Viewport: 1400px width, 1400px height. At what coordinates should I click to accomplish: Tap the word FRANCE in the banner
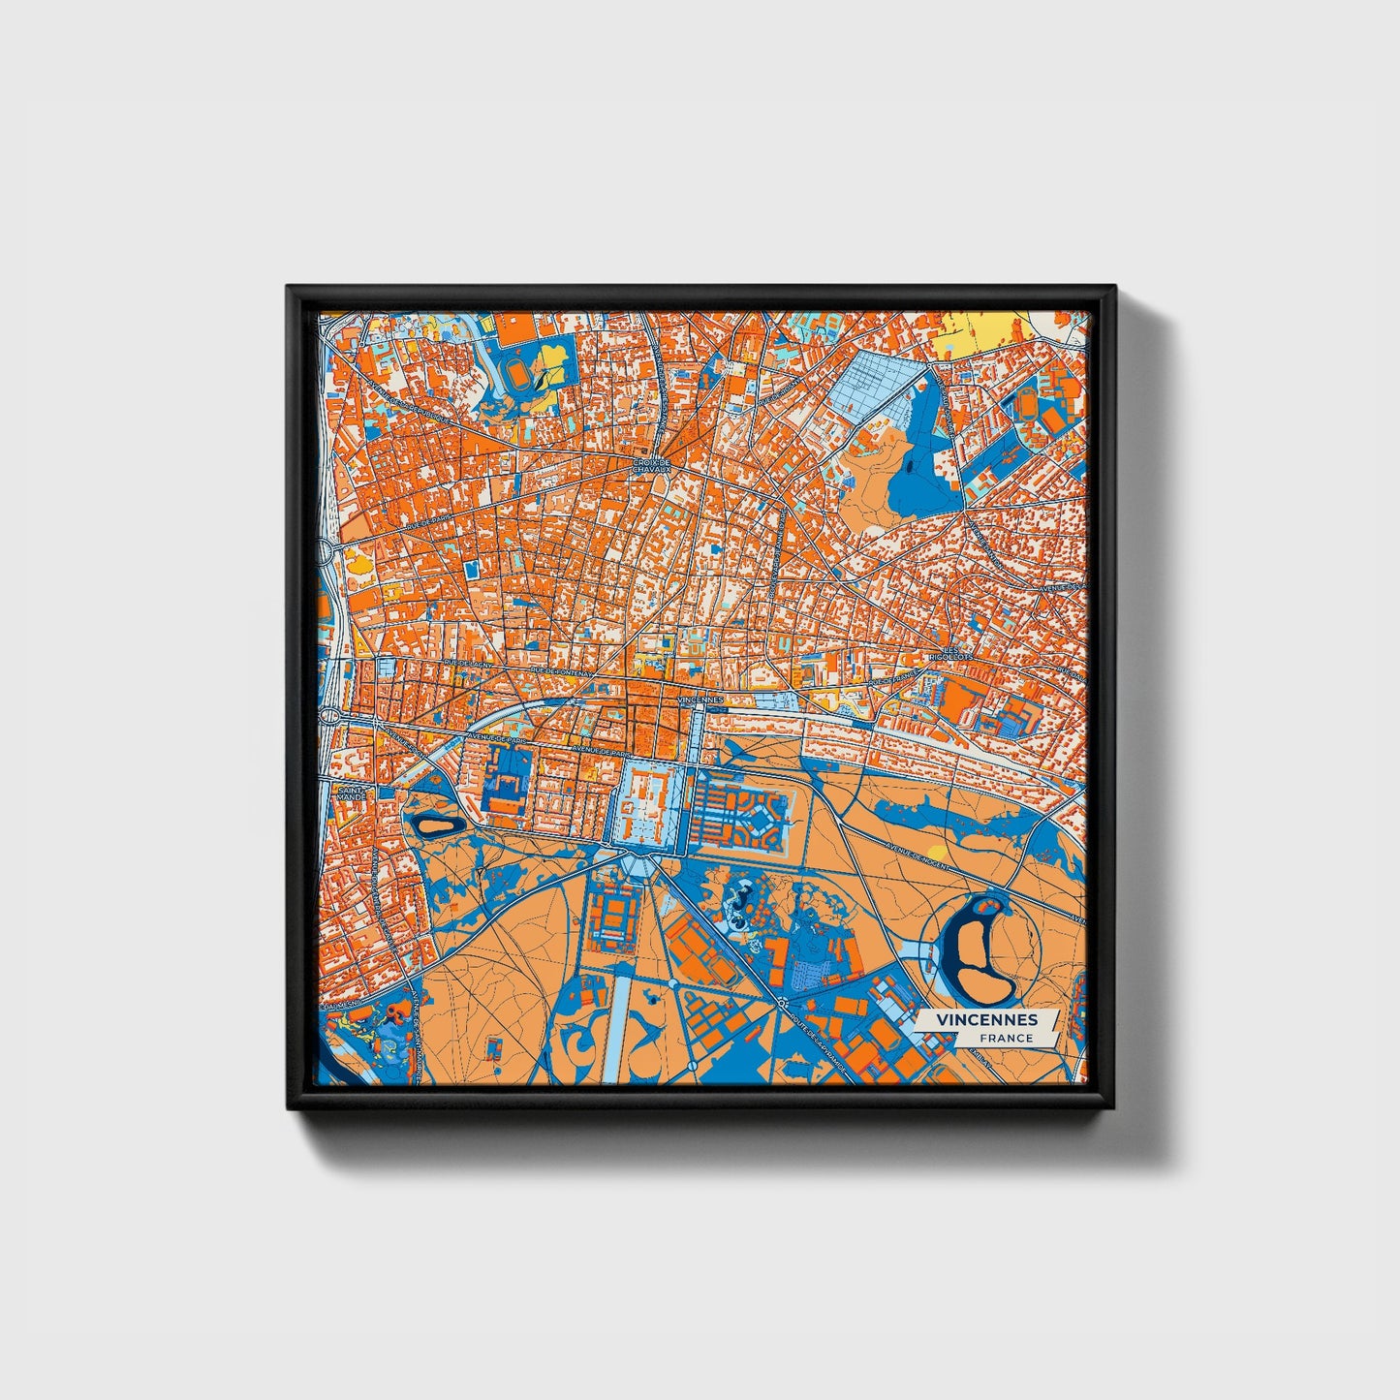click(x=1006, y=1038)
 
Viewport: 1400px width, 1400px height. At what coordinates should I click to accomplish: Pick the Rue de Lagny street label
click(x=468, y=666)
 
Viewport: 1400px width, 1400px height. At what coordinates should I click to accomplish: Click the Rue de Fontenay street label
click(x=556, y=670)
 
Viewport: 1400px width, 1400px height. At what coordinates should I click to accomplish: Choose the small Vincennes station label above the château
click(x=700, y=699)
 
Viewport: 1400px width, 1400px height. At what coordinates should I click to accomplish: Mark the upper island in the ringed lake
click(x=989, y=907)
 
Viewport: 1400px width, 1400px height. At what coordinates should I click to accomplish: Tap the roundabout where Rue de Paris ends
click(x=328, y=551)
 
